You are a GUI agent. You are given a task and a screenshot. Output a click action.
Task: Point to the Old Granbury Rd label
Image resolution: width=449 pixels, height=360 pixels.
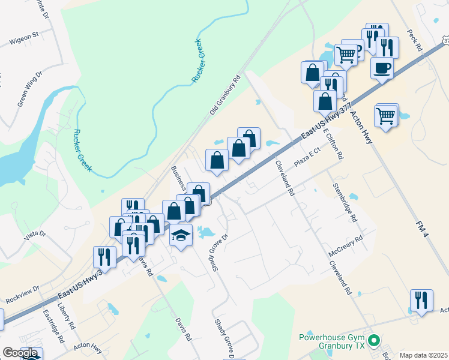coord(224,95)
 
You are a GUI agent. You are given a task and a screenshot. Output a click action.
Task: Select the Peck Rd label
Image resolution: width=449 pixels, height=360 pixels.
coord(415,41)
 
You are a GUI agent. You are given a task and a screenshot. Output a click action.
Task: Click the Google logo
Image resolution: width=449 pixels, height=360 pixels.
coord(20,353)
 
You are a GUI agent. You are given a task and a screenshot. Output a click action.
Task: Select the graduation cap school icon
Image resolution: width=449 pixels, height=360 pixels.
coord(180,235)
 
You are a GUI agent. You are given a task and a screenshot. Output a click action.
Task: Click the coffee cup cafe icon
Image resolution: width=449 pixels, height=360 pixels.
coord(382,68)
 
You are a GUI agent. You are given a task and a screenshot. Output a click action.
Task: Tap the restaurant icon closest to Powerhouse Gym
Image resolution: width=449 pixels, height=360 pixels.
coord(421,300)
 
